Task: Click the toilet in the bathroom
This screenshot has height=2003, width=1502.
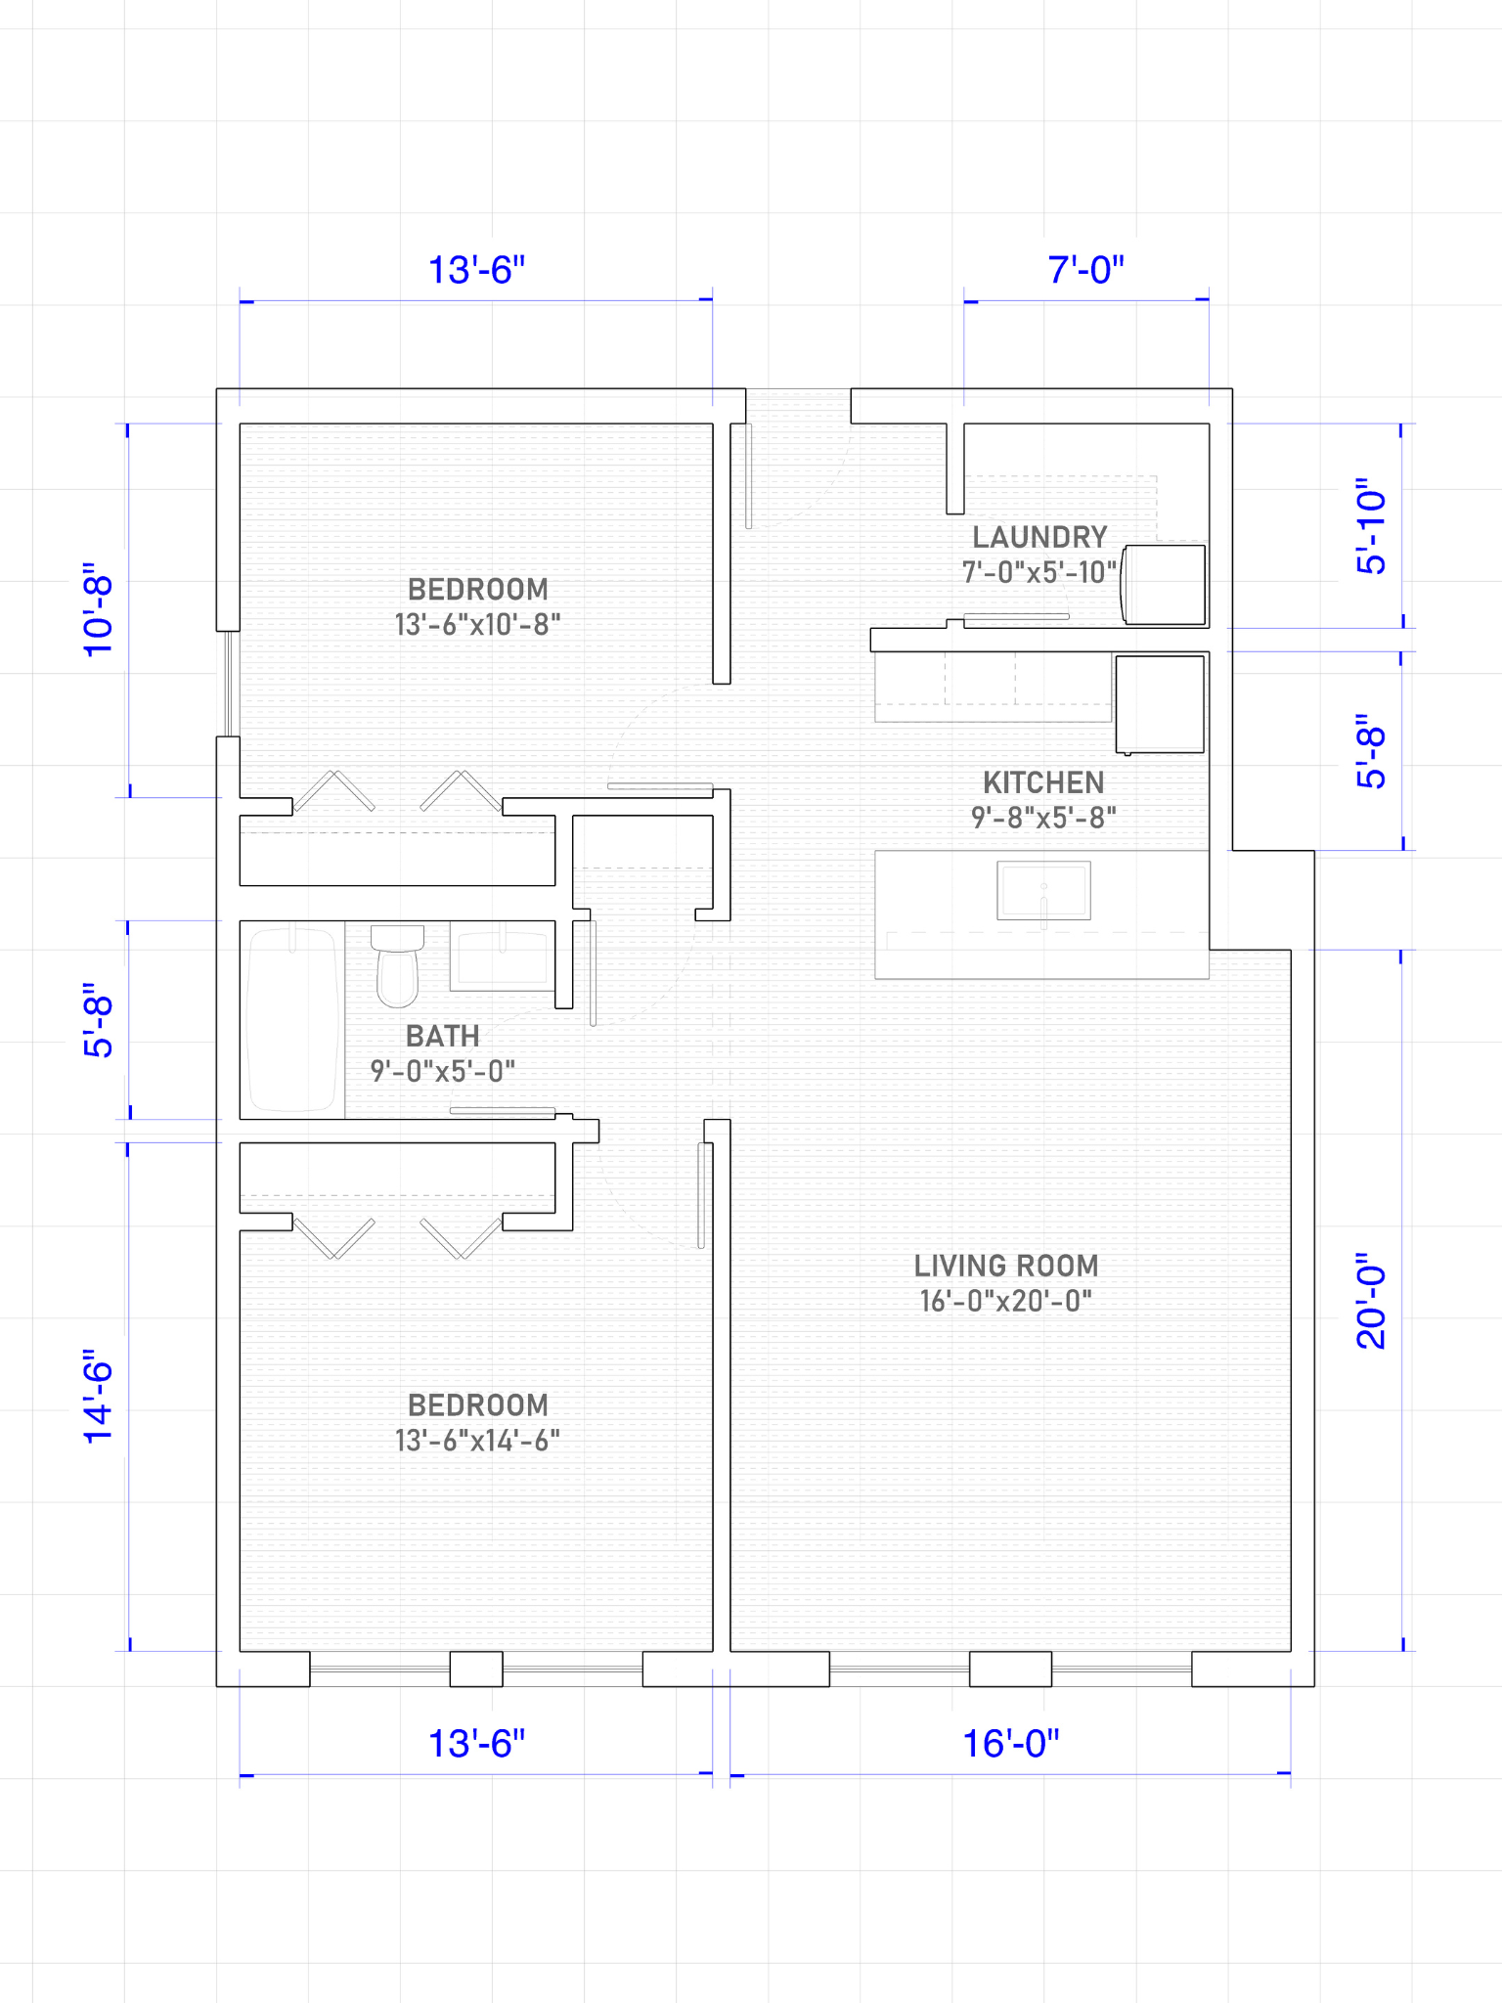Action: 397,965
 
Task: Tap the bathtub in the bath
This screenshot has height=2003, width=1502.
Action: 292,1019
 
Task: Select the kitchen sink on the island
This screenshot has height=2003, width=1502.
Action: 1043,890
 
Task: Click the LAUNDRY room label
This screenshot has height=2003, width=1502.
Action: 1039,537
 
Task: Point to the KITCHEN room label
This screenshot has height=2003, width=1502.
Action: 1043,782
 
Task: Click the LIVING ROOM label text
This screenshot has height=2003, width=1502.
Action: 1006,1266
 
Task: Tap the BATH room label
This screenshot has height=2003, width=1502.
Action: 442,1036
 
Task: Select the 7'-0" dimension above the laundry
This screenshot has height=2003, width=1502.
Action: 1086,270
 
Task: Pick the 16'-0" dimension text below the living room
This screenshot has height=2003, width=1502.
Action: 1011,1744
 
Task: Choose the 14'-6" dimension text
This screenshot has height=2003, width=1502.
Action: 98,1397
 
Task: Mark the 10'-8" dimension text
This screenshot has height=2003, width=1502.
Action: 98,609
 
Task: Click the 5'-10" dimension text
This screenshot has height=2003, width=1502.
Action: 1371,526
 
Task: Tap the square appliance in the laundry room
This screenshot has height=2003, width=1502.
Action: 1163,585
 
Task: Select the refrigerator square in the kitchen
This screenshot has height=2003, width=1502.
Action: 1160,704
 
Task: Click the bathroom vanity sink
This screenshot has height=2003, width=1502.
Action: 503,956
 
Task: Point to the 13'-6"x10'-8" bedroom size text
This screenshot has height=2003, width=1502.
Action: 477,624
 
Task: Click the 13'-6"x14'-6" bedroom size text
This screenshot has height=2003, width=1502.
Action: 477,1440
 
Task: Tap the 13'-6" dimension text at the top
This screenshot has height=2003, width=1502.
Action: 477,270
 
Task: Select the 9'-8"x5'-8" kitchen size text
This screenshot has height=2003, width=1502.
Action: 1043,817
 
